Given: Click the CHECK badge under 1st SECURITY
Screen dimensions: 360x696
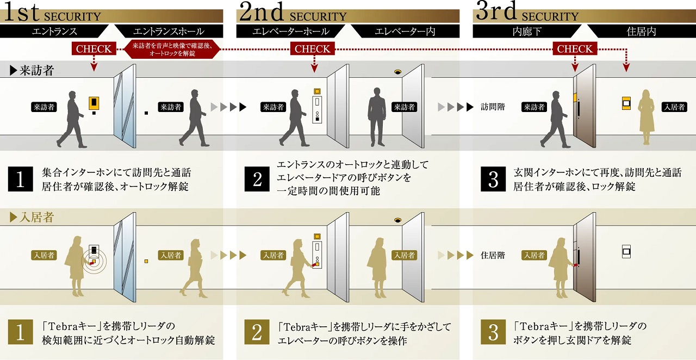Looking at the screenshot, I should pyautogui.click(x=94, y=49).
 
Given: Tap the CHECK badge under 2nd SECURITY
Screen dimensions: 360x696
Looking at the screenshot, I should pyautogui.click(x=312, y=49).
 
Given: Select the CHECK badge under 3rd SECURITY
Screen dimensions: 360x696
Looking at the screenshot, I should pyautogui.click(x=575, y=49).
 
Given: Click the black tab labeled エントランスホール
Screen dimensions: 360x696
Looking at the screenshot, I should pyautogui.click(x=169, y=32).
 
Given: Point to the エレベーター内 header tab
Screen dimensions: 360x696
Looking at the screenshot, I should pyautogui.click(x=405, y=32).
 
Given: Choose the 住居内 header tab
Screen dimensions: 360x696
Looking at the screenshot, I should pyautogui.click(x=642, y=32).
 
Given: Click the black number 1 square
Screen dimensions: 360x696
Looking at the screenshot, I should pyautogui.click(x=21, y=179).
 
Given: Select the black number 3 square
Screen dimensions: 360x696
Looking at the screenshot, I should pyautogui.click(x=494, y=179).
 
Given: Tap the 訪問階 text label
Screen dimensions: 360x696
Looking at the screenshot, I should pyautogui.click(x=493, y=107).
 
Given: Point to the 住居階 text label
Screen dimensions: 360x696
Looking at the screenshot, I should pyautogui.click(x=493, y=255).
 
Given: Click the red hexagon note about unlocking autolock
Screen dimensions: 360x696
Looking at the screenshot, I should pyautogui.click(x=172, y=49).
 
